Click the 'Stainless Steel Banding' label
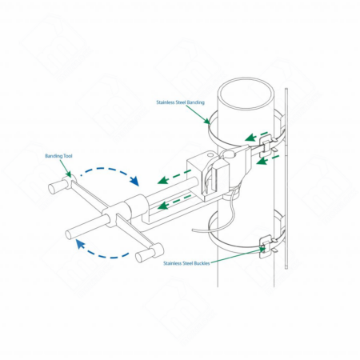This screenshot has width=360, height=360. click(180, 102)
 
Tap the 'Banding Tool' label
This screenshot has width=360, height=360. click(58, 156)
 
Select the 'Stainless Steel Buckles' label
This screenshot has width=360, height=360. click(186, 263)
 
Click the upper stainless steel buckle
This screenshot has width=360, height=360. click(266, 143)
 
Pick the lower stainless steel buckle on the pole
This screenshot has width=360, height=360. click(266, 246)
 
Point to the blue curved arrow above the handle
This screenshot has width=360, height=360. click(110, 170)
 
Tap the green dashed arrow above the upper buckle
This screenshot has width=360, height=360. click(256, 136)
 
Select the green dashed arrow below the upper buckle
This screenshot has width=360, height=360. click(267, 159)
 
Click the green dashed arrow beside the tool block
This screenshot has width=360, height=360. click(174, 177)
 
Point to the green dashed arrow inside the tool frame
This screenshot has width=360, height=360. click(174, 202)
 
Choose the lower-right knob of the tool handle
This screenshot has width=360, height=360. click(150, 253)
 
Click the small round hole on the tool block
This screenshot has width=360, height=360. click(210, 154)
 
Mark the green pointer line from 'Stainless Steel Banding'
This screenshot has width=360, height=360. click(198, 114)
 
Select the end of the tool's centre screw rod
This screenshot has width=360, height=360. click(70, 235)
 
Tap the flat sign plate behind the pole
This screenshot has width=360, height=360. click(286, 178)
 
